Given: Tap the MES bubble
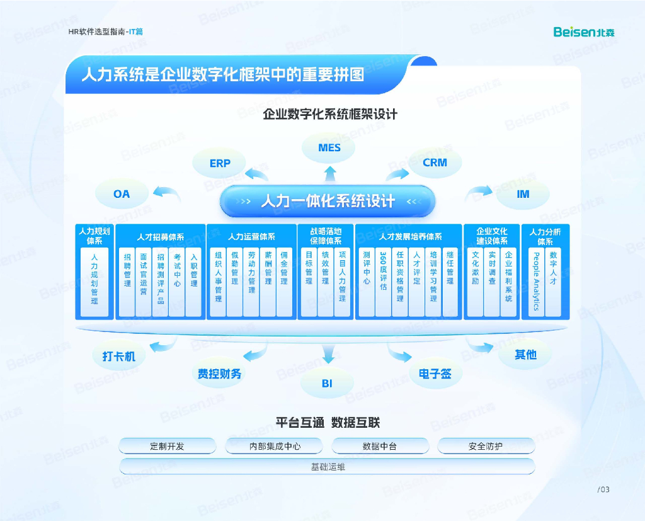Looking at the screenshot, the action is [x=329, y=148].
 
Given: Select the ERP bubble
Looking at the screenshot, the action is [x=220, y=163].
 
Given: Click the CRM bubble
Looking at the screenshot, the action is [x=435, y=163].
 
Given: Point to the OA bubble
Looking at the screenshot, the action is [x=122, y=194].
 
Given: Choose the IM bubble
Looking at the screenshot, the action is [x=523, y=194].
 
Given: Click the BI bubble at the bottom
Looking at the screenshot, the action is [x=327, y=383].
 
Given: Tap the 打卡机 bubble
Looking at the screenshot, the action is [x=119, y=356].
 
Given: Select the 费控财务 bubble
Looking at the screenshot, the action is [x=219, y=374].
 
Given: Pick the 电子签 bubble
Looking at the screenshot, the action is [x=435, y=374].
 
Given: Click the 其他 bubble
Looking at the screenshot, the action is [x=525, y=355].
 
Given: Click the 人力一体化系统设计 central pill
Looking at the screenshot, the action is [x=328, y=202].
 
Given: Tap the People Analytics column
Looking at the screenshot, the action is [x=536, y=282].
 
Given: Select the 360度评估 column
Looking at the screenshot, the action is [x=383, y=282].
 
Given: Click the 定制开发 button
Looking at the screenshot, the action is [x=167, y=446].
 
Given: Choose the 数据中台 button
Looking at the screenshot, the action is [x=379, y=446].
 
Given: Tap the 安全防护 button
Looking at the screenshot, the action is [x=485, y=446].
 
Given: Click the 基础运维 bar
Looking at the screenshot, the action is [x=328, y=467].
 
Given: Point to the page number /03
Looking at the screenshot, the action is [x=603, y=490].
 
